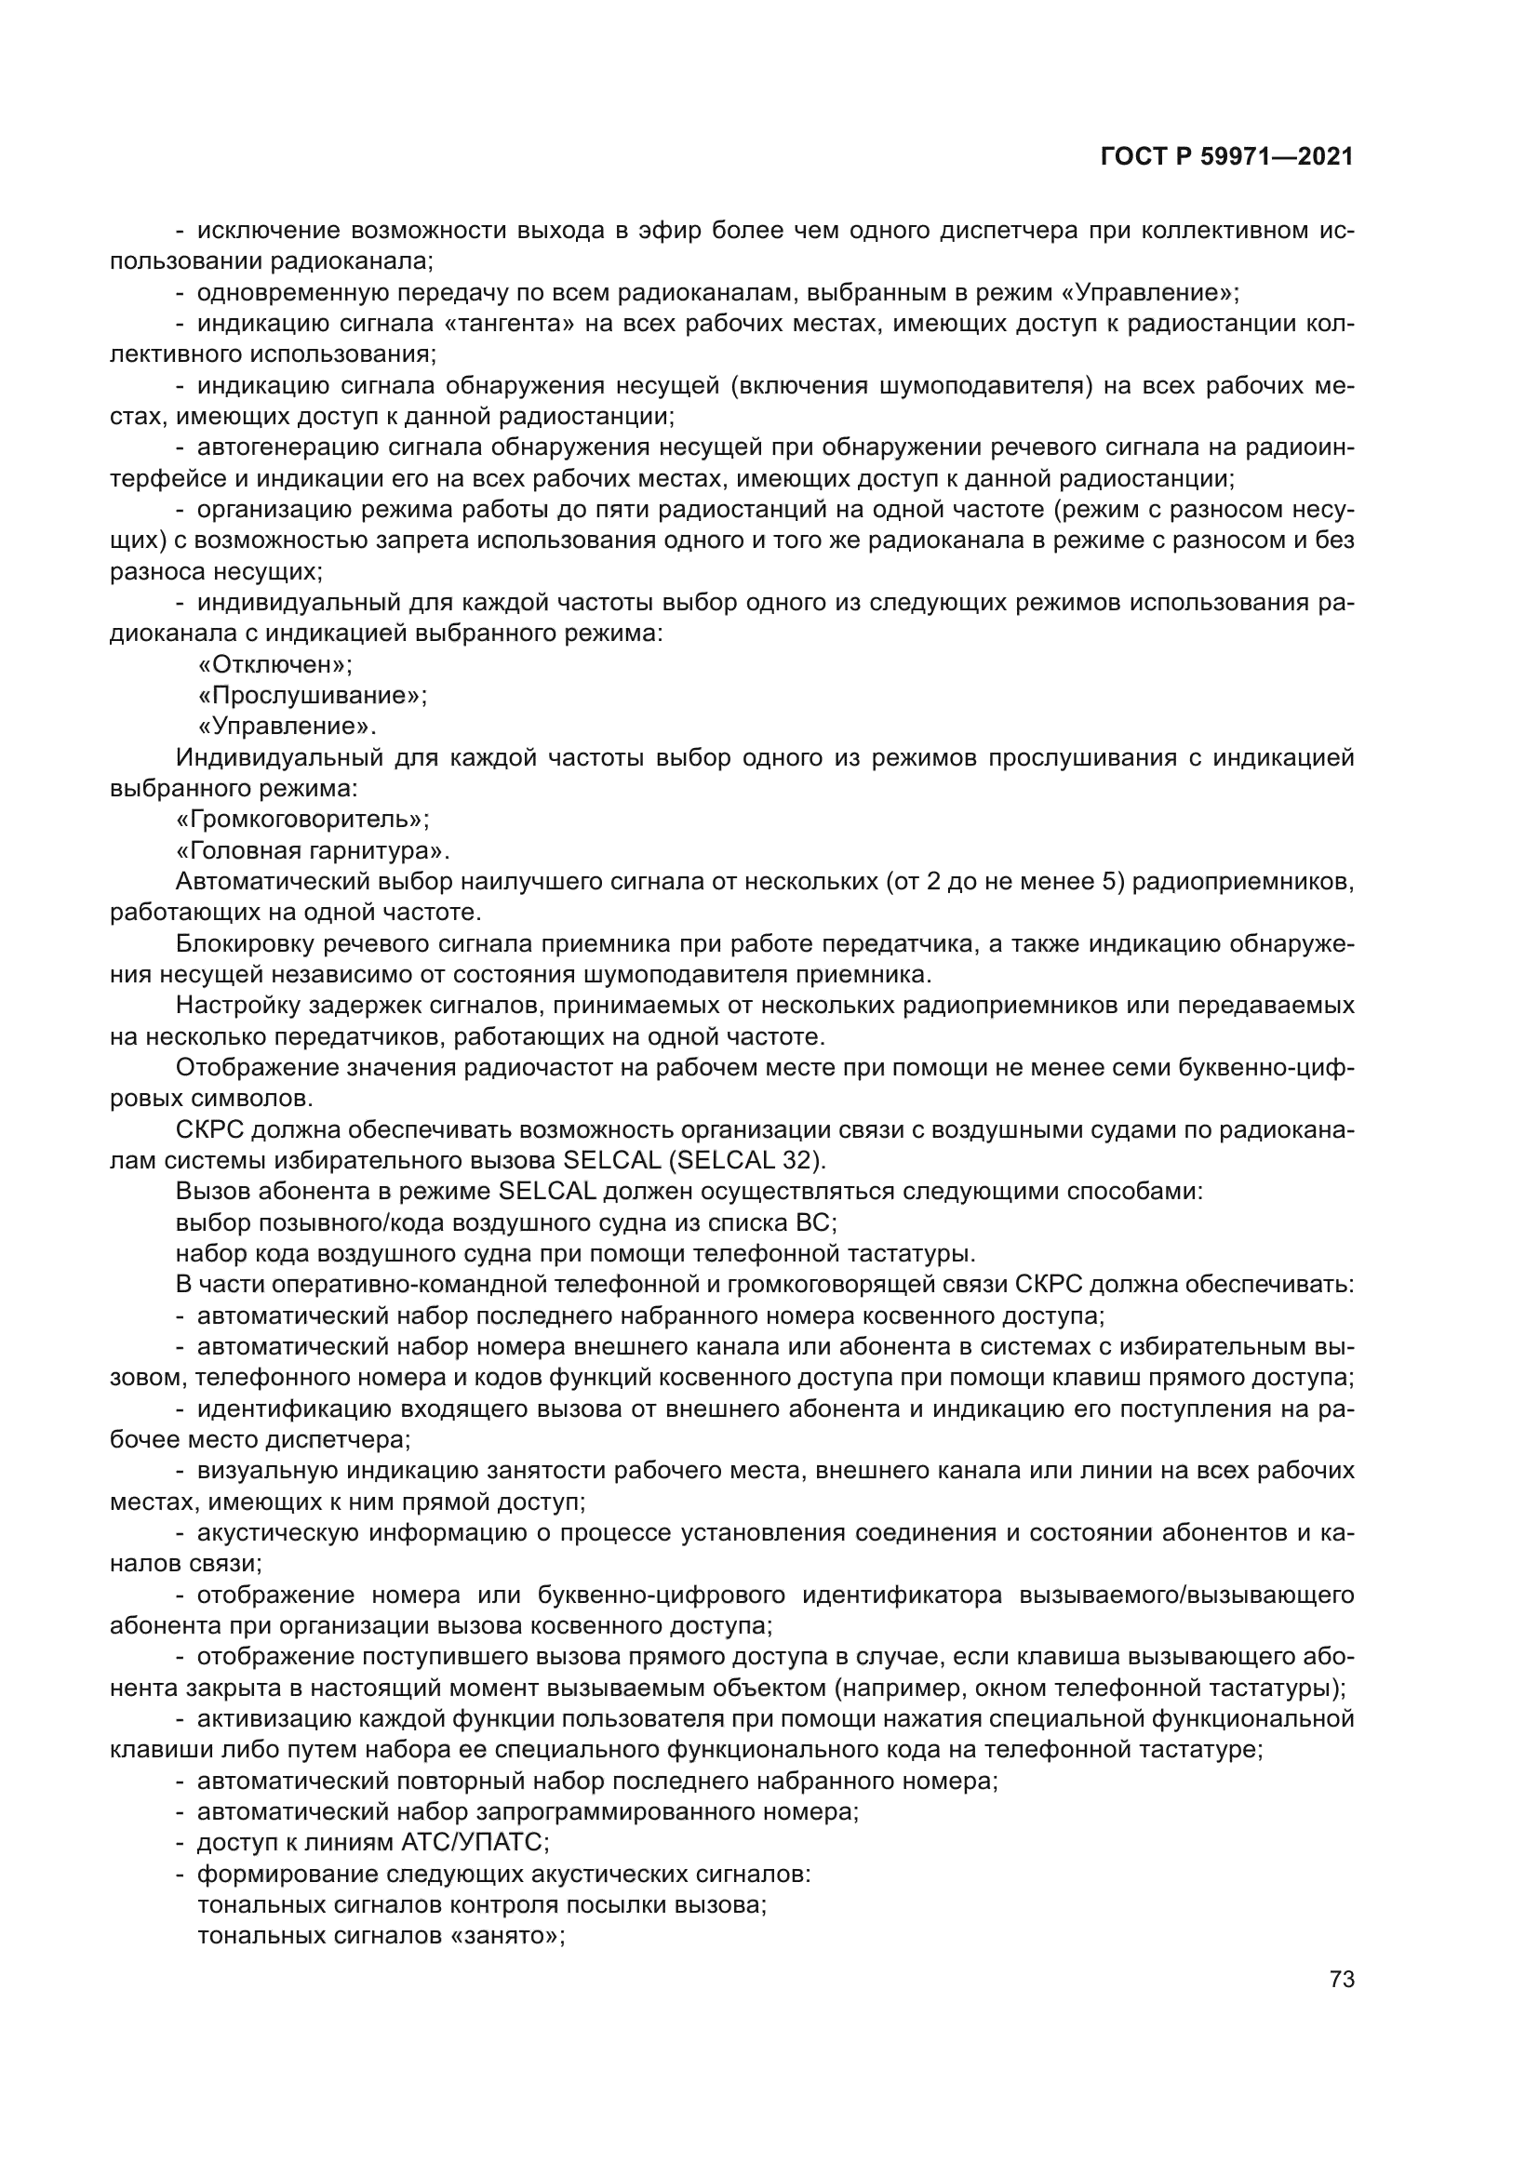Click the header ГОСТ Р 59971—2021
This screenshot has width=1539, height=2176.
[x=1226, y=157]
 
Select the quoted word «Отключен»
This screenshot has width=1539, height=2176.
[x=274, y=664]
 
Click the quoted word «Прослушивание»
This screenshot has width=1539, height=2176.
[x=313, y=696]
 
